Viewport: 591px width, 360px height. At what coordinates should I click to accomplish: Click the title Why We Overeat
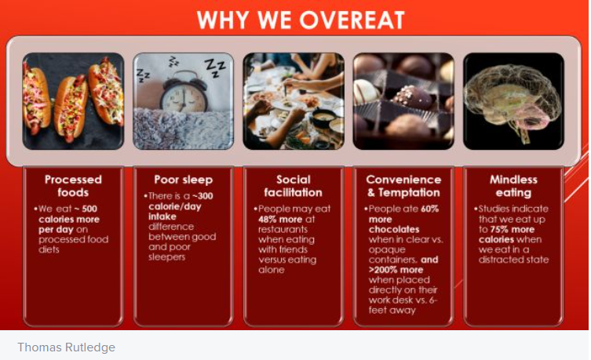301,20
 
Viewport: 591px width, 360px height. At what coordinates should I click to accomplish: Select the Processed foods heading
73,186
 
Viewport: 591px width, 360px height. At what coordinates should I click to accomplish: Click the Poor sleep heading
183,180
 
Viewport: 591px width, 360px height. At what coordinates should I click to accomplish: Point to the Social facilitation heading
294,186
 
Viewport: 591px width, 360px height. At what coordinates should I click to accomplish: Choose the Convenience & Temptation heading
403,186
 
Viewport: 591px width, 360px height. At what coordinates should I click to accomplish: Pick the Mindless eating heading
513,186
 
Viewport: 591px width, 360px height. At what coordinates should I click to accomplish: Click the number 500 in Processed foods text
89,209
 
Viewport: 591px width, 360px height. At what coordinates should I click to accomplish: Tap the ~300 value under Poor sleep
202,196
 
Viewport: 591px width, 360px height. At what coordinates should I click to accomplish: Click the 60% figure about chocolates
429,209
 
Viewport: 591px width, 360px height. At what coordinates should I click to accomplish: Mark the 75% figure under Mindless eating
500,229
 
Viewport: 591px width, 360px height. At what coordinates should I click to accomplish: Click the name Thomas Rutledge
67,347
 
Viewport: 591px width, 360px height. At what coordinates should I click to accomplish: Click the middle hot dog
70,108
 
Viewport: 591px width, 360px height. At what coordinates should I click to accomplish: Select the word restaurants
283,229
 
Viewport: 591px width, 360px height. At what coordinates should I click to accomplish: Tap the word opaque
387,250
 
